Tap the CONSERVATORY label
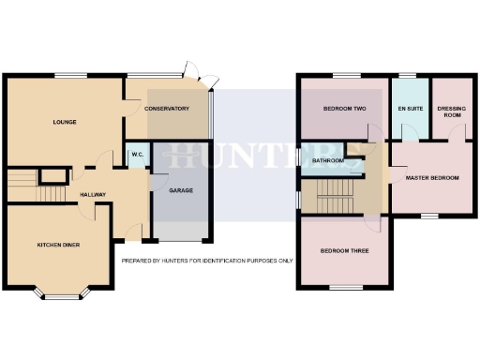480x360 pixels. point(167,109)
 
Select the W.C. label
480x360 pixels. point(136,155)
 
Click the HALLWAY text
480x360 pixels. point(93,195)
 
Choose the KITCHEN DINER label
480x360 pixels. point(59,244)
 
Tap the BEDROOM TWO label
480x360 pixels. point(343,109)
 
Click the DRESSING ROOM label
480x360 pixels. point(451,112)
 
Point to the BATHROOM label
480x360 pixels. point(327,160)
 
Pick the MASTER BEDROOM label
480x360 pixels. point(432,177)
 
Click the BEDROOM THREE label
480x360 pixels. point(343,250)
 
